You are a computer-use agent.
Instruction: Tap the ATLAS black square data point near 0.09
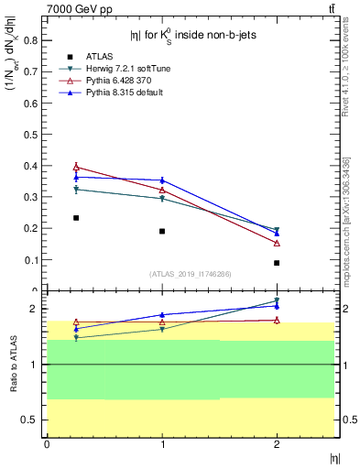tap(277, 263)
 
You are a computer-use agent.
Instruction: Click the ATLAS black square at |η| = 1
tap(162, 231)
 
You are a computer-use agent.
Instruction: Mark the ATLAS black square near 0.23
tap(76, 218)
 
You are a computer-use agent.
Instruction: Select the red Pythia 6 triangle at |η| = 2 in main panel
tap(277, 243)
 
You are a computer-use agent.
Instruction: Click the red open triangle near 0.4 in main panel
tap(76, 167)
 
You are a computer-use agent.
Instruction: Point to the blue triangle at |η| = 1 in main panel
tap(162, 180)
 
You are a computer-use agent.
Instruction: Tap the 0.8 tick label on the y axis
tap(30, 40)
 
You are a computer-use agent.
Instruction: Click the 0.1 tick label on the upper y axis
tap(30, 260)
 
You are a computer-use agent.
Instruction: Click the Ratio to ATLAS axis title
tap(12, 365)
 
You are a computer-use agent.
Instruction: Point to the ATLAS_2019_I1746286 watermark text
tap(190, 274)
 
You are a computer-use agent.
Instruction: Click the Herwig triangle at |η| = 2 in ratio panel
tap(277, 300)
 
